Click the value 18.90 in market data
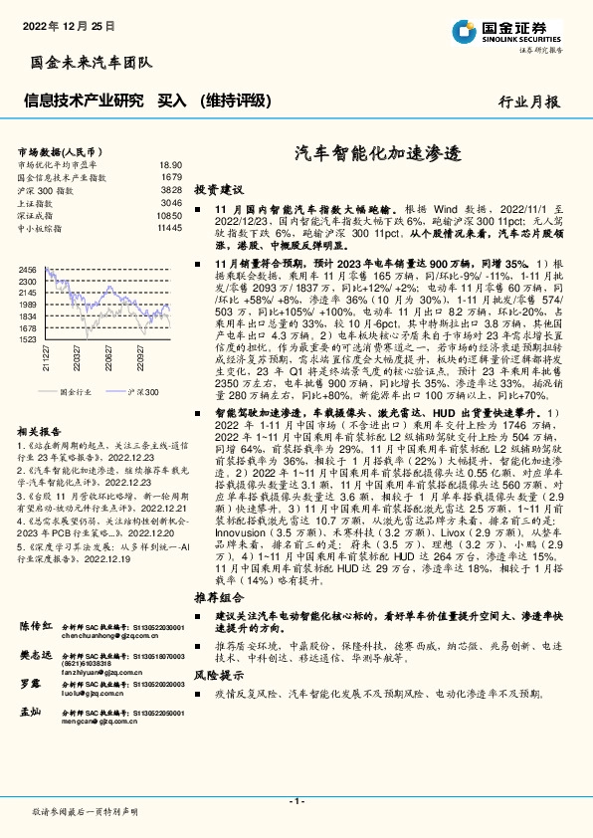[x=171, y=164]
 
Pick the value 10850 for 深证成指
[x=169, y=215]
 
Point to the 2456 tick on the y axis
[x=27, y=270]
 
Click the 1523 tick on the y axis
[x=27, y=339]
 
